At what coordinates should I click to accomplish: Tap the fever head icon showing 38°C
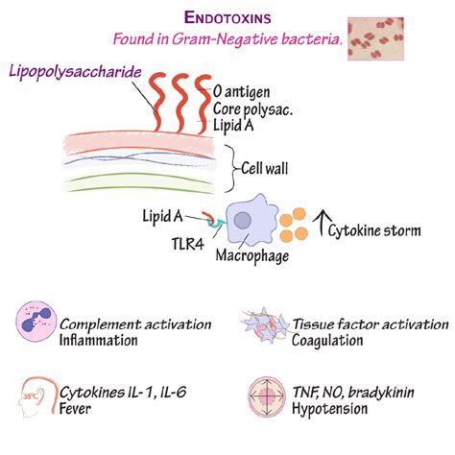point(36,394)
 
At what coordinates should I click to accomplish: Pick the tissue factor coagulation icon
point(261,325)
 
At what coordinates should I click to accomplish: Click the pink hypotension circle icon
point(262,395)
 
